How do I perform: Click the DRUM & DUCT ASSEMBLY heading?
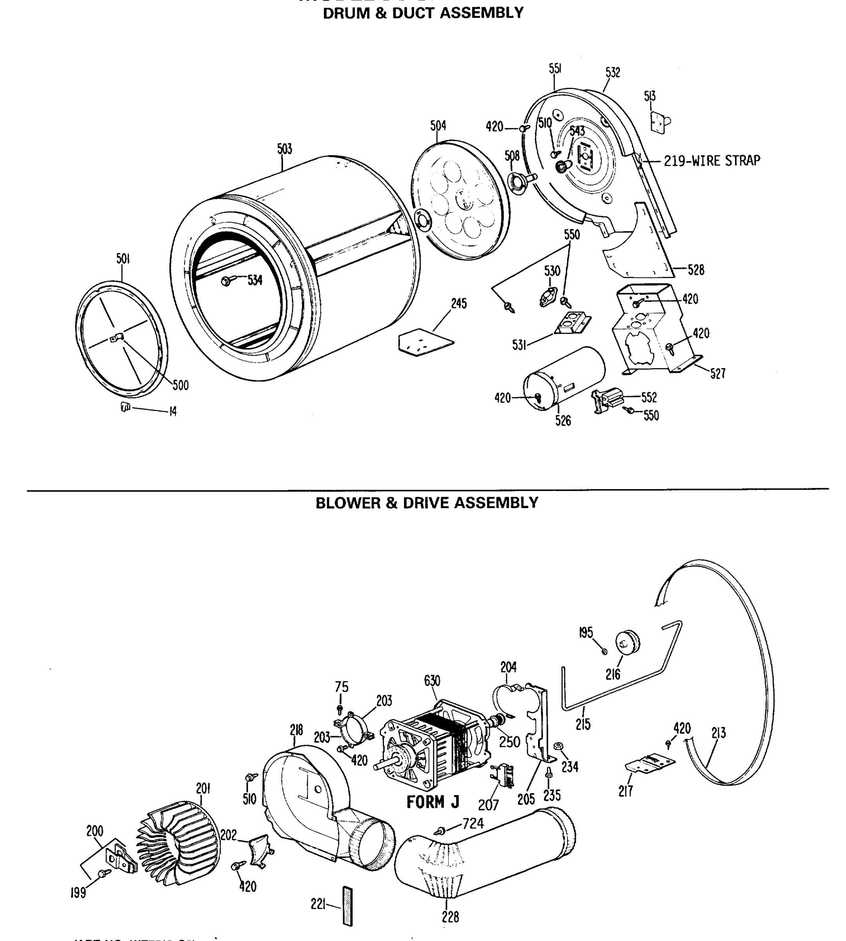[423, 13]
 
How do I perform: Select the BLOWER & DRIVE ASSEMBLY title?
[427, 503]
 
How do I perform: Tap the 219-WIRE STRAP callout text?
[711, 161]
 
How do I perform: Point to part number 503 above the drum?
[284, 149]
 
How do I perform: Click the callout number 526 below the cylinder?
[563, 421]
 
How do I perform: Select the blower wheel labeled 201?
[179, 841]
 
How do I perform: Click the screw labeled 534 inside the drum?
[226, 281]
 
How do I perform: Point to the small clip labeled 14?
[125, 407]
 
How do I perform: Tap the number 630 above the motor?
[432, 681]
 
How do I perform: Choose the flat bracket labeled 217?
[650, 765]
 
